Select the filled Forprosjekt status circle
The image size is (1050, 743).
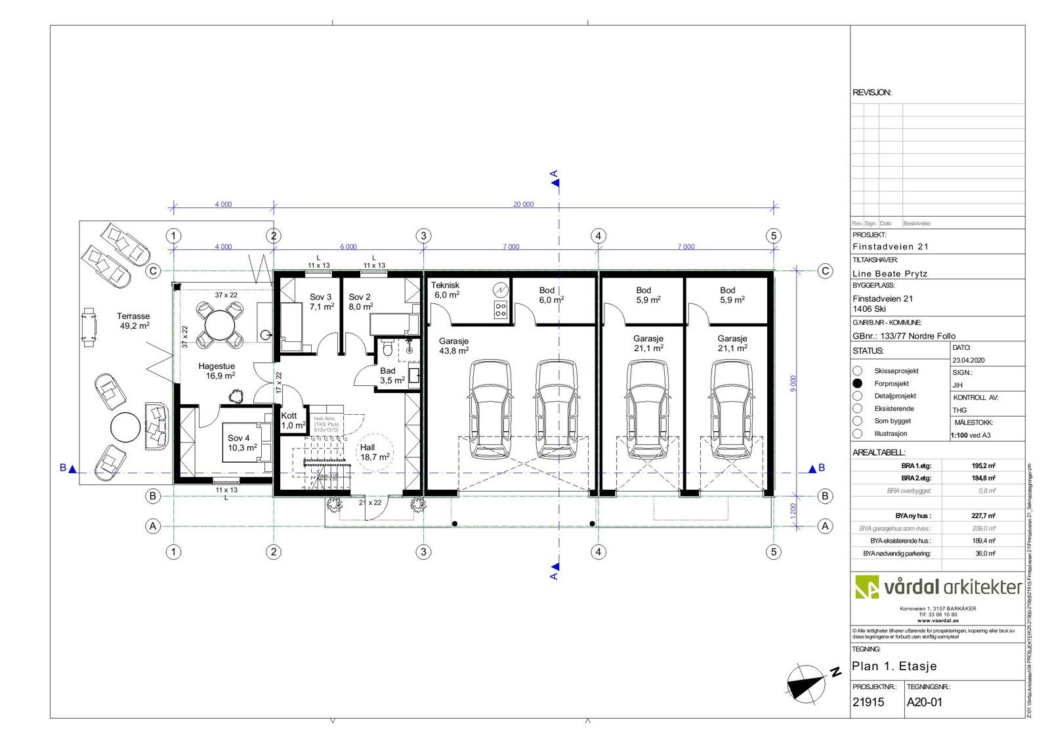pyautogui.click(x=857, y=383)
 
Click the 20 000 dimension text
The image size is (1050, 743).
pyautogui.click(x=523, y=204)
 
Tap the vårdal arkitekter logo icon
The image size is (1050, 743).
pyautogui.click(x=866, y=587)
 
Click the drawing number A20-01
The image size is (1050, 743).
pyautogui.click(x=924, y=702)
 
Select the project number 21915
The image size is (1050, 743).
pyautogui.click(x=868, y=702)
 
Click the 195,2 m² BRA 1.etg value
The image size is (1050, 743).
pyautogui.click(x=983, y=465)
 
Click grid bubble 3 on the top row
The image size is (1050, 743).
pyautogui.click(x=423, y=236)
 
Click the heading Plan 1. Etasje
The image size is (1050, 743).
pyautogui.click(x=894, y=666)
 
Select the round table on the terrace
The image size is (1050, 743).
pyautogui.click(x=125, y=428)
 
